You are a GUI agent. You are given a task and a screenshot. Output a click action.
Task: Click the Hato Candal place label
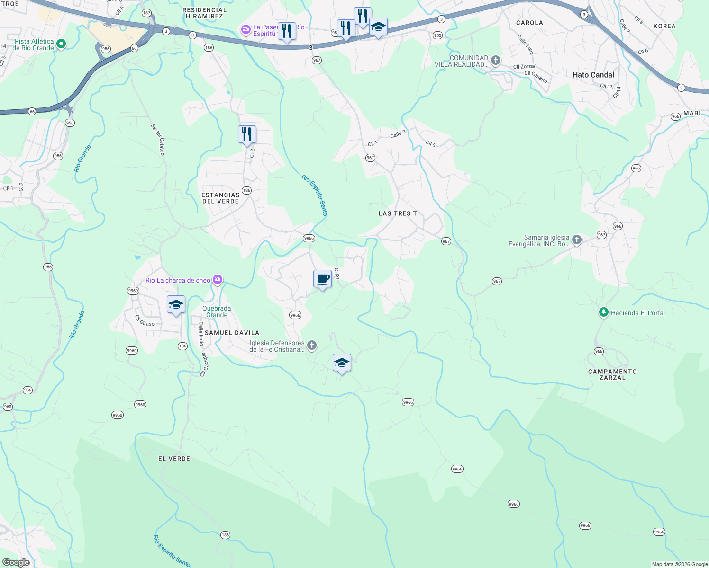tap(593, 75)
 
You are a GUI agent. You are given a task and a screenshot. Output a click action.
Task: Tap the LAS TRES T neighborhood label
tap(398, 213)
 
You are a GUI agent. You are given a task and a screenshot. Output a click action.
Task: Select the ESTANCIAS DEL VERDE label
tap(220, 198)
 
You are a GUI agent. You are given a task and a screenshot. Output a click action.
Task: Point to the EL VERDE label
tap(174, 459)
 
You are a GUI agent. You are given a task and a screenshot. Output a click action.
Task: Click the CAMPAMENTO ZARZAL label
tap(612, 374)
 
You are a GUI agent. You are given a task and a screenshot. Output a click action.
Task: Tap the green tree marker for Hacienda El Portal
tap(603, 312)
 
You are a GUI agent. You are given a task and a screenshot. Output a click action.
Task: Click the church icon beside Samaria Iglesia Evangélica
tap(577, 240)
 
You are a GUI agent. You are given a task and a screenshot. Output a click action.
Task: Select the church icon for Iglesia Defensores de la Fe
tap(312, 346)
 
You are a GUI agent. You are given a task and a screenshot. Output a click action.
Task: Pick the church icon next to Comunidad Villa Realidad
tap(495, 60)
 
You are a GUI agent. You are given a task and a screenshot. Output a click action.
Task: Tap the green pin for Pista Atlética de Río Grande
tap(61, 44)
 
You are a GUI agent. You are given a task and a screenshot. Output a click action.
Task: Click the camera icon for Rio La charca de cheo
tap(218, 280)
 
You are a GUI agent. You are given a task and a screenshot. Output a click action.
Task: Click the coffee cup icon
tap(322, 279)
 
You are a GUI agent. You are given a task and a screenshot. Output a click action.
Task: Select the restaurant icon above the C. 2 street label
tap(247, 134)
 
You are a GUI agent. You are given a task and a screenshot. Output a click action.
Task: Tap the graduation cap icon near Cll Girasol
tap(176, 304)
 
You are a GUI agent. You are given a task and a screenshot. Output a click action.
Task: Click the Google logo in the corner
tap(16, 562)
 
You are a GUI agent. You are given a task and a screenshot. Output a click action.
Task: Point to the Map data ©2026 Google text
tap(679, 564)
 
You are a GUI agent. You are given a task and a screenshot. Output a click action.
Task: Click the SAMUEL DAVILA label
tap(232, 333)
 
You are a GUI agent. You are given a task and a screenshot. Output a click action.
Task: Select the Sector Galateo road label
tap(158, 140)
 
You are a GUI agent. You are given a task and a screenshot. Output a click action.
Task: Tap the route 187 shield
tap(146, 13)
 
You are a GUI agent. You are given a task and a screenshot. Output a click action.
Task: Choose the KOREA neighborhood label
tap(664, 26)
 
